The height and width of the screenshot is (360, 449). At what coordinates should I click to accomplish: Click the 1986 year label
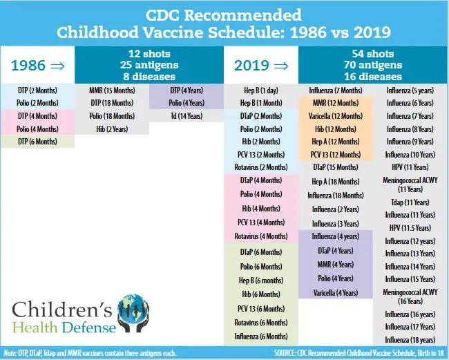29,66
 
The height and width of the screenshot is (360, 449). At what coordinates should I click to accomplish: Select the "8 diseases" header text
151,76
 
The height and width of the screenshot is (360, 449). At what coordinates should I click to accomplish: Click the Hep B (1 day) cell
261,91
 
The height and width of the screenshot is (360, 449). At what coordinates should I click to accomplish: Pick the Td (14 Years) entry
187,115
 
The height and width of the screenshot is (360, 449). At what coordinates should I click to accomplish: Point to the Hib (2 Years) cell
111,129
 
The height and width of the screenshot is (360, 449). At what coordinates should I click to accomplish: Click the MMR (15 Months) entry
111,91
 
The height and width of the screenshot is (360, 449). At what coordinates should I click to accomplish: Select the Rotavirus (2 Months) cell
261,167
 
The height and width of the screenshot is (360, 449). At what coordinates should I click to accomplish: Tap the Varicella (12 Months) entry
335,115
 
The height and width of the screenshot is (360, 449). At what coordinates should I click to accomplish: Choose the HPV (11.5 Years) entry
410,228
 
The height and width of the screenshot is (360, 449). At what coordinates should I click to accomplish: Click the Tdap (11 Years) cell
410,202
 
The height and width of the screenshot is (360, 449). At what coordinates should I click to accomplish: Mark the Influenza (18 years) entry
410,339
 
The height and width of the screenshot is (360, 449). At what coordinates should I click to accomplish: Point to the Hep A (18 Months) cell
335,182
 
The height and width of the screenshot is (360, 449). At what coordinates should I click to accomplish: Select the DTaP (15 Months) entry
335,167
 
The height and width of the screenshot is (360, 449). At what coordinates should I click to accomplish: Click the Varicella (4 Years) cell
335,293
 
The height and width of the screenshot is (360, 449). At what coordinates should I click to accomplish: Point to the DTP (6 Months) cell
37,141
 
